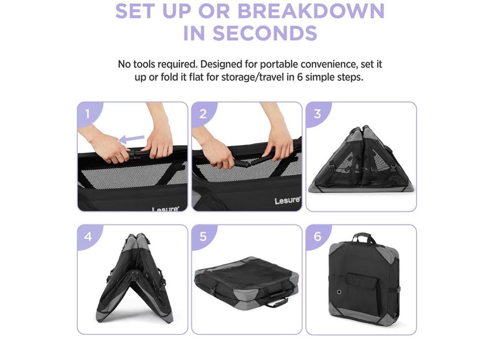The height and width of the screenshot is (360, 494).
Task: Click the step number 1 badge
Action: tap(88, 113)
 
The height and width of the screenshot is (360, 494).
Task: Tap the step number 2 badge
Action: tap(203, 113)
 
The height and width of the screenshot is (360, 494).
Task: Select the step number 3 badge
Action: tap(317, 113)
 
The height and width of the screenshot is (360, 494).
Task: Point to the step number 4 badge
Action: tap(88, 236)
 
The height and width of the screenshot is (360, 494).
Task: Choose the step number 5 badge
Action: tap(203, 236)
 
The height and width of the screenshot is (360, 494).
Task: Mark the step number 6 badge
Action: tap(317, 236)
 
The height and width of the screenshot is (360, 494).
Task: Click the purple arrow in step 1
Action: tap(131, 139)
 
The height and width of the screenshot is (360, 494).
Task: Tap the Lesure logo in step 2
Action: tap(287, 201)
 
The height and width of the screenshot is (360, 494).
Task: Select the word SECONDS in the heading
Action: tap(265, 33)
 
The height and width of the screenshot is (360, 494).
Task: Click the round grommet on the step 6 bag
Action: tap(339, 292)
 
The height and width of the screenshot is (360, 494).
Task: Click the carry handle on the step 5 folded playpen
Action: tap(276, 303)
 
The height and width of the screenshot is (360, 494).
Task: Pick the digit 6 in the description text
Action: tap(300, 77)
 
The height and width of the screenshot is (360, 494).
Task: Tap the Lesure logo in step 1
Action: tap(165, 209)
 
